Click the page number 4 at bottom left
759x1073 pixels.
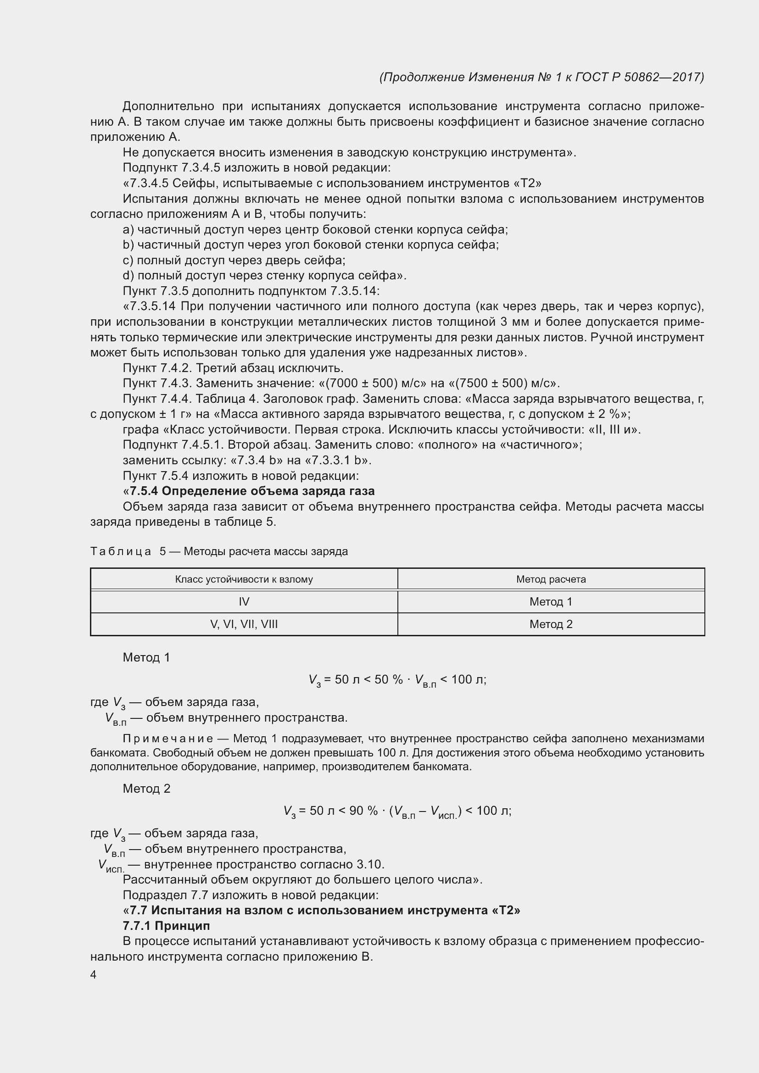pos(94,975)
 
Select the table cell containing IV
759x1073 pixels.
pos(244,602)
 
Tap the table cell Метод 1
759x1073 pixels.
pos(551,602)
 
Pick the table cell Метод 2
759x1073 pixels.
pos(551,624)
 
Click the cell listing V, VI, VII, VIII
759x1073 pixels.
pos(244,624)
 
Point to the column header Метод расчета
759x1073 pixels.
pos(551,579)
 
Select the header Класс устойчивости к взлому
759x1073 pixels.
pos(244,579)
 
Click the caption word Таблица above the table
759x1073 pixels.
pos(121,551)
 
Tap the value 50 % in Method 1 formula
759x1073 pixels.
pos(388,679)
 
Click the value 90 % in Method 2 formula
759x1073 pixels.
pos(363,811)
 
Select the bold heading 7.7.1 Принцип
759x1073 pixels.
pos(167,926)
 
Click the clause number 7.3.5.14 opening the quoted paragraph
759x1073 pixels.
pos(152,306)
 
